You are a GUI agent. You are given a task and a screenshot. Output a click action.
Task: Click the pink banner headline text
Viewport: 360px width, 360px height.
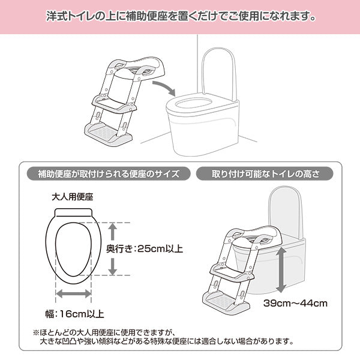[x=180, y=16]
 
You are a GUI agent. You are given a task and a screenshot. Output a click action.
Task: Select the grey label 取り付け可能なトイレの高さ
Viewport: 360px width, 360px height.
[x=265, y=175]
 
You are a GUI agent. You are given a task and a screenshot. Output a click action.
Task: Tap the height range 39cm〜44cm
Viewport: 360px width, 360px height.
[x=296, y=303]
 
